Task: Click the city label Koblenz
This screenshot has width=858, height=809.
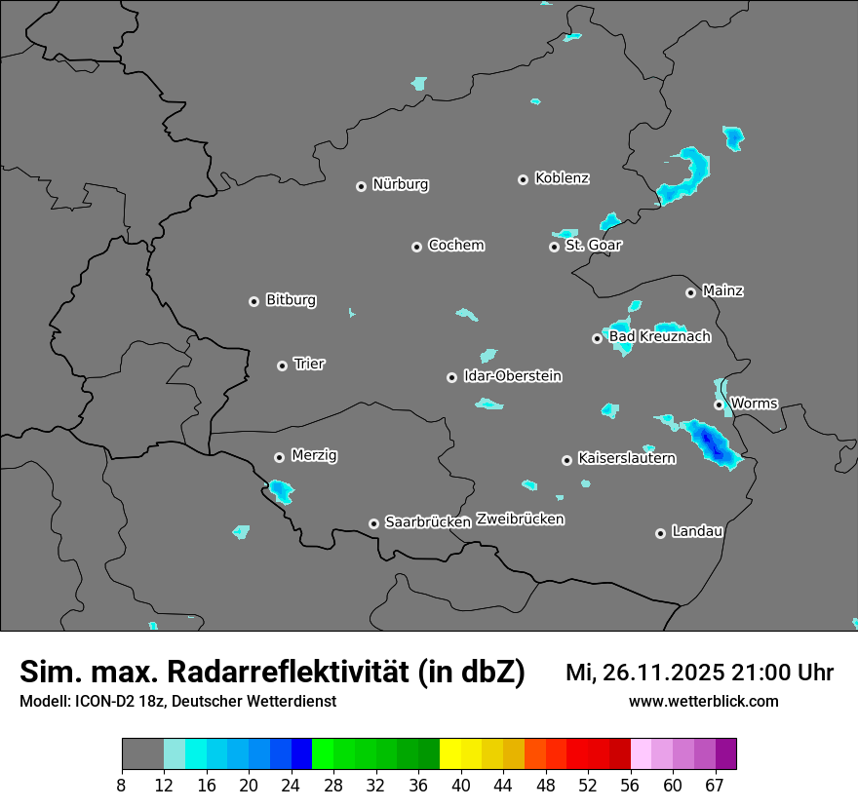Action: point(562,178)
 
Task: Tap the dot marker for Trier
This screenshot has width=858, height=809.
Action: point(283,366)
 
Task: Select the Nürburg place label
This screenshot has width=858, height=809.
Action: point(400,184)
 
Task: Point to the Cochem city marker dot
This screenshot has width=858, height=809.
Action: point(417,247)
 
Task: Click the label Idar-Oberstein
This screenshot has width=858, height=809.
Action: point(513,376)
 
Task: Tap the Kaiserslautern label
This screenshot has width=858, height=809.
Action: point(626,458)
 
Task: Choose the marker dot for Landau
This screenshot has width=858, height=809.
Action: point(660,533)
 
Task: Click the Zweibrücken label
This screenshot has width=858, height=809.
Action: point(520,520)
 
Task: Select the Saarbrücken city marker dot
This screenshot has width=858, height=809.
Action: point(373,523)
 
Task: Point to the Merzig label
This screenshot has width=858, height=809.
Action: point(315,455)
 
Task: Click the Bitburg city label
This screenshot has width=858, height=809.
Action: point(291,300)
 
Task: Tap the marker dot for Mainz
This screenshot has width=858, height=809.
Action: point(691,292)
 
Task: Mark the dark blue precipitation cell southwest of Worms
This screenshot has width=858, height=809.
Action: point(713,444)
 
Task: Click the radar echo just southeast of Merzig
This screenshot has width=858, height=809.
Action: point(281,490)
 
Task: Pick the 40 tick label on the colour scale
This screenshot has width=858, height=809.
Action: point(461,785)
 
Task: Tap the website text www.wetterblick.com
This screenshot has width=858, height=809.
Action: point(703,702)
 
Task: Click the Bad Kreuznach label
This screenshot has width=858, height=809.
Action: point(659,336)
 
